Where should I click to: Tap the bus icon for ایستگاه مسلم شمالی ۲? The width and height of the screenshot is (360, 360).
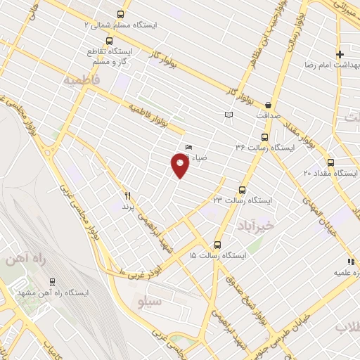pos(120,14)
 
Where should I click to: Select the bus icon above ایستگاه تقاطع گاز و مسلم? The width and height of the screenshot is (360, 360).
pos(108,41)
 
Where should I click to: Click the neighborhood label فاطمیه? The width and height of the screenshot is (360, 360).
pos(82,80)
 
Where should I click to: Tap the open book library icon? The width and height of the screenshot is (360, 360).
pos(229,115)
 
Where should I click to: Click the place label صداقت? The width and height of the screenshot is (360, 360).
pos(268,114)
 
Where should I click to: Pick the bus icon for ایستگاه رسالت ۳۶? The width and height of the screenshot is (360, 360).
pos(264,137)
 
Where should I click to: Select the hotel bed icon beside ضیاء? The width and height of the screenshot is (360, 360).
pos(188,147)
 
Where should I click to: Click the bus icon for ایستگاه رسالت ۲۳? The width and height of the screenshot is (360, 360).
pos(243,190)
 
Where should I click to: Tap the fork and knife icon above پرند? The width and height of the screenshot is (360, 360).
pos(127,195)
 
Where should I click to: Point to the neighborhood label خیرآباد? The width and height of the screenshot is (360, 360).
pos(244,224)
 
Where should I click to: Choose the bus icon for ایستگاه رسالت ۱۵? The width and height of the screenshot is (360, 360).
pos(217,245)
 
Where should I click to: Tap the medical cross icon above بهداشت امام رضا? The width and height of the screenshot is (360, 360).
pos(340,54)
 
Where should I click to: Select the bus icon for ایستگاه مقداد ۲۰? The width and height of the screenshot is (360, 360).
pos(330,162)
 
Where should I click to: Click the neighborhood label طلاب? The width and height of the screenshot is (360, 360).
pos(346,328)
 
